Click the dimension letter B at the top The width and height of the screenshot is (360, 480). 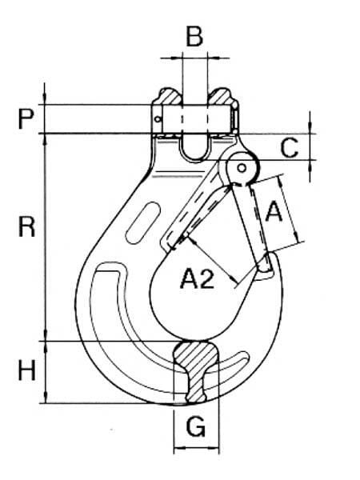pyautogui.click(x=194, y=37)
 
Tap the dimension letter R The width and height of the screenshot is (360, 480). pyautogui.click(x=26, y=226)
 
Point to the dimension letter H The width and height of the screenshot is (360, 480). pyautogui.click(x=27, y=370)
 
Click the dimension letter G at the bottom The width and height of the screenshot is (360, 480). pyautogui.click(x=196, y=426)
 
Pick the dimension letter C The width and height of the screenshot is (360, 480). pyautogui.click(x=290, y=148)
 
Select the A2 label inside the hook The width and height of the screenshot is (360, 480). pyautogui.click(x=197, y=278)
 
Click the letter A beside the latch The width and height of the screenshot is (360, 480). pyautogui.click(x=274, y=211)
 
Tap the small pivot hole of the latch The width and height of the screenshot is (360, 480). pyautogui.click(x=242, y=168)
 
